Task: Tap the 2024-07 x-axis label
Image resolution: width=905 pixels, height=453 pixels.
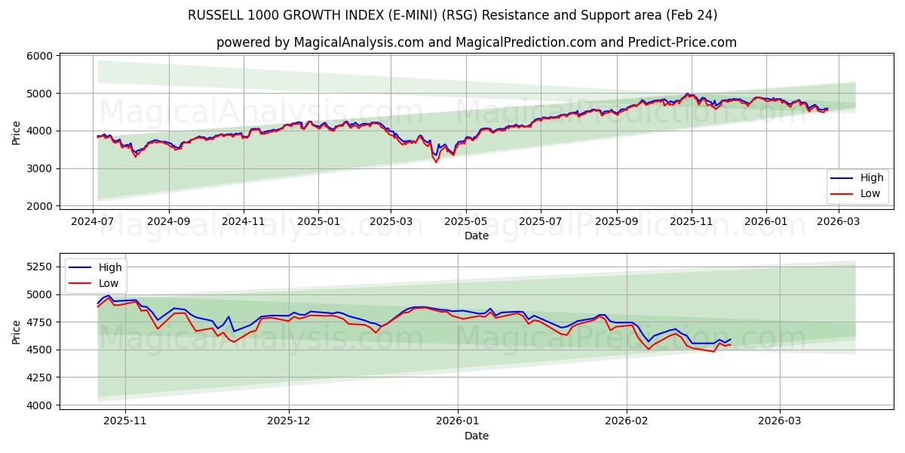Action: pos(93,221)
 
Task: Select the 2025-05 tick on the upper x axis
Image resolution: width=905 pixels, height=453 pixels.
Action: pos(465,221)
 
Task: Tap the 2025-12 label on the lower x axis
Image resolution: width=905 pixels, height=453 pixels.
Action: pos(289,421)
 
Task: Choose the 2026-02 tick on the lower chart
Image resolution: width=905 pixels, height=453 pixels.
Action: pos(627,421)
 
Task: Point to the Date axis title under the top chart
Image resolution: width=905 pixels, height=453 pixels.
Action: pos(476,236)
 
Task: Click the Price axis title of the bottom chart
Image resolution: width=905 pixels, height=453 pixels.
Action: pos(17,331)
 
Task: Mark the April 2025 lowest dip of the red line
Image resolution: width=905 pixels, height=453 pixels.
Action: pos(436,162)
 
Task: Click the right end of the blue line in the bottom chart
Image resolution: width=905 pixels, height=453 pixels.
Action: pos(730,340)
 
